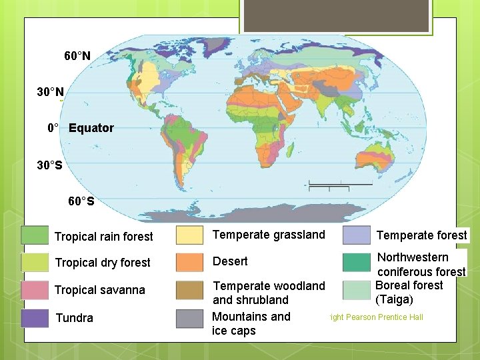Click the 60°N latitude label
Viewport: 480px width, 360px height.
click(x=77, y=56)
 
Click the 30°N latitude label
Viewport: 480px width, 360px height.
click(x=51, y=91)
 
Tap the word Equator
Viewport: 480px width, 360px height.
click(x=91, y=128)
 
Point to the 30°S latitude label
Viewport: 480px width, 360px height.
click(x=50, y=165)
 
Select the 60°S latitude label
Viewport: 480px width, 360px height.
click(x=81, y=201)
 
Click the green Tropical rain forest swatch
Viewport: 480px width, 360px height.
click(x=35, y=235)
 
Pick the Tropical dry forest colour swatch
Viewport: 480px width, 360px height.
click(x=35, y=262)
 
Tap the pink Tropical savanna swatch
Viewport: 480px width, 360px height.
click(x=35, y=290)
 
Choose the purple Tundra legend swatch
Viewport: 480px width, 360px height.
click(x=35, y=318)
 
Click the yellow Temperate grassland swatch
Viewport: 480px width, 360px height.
click(x=189, y=235)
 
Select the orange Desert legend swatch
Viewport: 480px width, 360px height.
click(x=189, y=262)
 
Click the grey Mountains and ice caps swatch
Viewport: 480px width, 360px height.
click(x=189, y=319)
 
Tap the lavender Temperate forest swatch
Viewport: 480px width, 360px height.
click(x=356, y=235)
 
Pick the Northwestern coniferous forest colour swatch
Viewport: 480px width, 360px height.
click(x=356, y=262)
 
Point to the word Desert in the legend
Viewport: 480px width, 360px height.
click(x=230, y=261)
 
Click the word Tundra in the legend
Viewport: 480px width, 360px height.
click(x=75, y=318)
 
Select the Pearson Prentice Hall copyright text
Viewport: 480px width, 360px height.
click(x=376, y=317)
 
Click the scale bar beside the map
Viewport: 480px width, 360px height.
click(x=341, y=183)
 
